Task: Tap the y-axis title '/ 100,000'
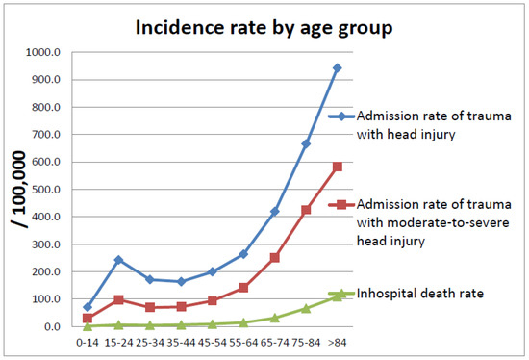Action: tap(18, 188)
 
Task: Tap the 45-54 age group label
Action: tap(213, 341)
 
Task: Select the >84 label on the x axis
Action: tap(336, 341)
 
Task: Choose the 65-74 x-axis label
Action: tap(274, 341)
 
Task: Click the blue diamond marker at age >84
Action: tap(336, 68)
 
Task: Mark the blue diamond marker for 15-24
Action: tap(119, 260)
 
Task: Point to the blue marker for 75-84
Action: tap(306, 143)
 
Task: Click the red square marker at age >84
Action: tap(336, 167)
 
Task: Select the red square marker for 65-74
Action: tap(274, 258)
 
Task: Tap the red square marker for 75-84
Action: tap(306, 210)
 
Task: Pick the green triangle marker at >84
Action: tap(336, 296)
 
